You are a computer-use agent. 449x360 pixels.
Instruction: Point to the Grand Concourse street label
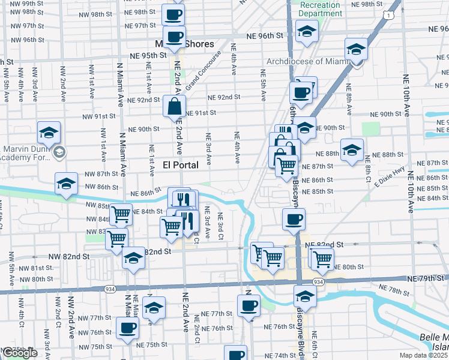tap(203, 71)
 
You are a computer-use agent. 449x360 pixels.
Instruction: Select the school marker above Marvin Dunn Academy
tap(49, 132)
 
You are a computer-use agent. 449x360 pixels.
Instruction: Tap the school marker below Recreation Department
tap(307, 31)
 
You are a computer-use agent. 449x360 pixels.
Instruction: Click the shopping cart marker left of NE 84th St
tap(122, 214)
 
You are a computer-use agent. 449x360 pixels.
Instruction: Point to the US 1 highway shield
tap(391, 14)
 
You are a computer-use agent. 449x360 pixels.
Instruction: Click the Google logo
tap(20, 353)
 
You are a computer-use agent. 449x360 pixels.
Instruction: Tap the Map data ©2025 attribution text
tap(424, 355)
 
